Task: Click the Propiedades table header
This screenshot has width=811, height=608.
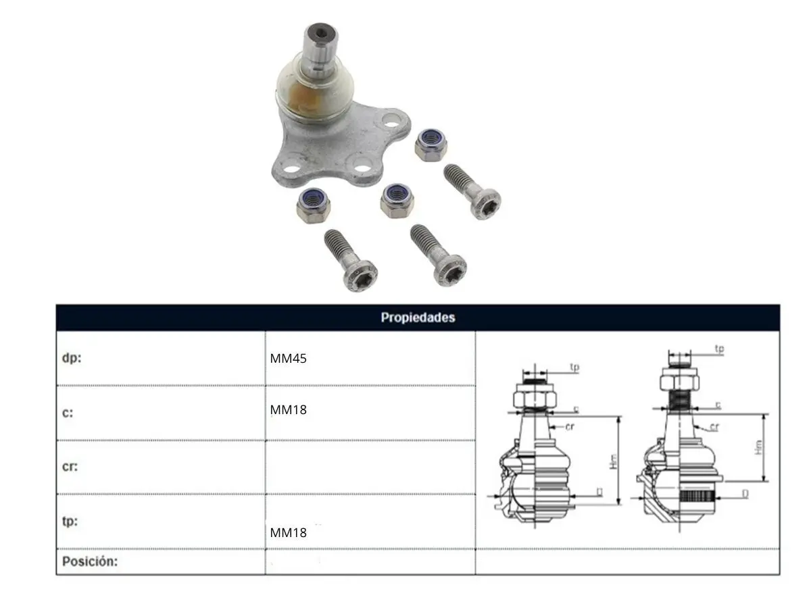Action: click(418, 318)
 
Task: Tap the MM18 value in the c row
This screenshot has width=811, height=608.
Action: click(288, 410)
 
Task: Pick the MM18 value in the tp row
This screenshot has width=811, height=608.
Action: click(288, 532)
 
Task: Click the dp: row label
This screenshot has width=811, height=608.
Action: click(72, 358)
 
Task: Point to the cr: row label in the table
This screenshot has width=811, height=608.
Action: click(70, 467)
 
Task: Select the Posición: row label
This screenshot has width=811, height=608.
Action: click(90, 561)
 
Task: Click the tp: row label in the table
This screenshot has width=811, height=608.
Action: click(70, 522)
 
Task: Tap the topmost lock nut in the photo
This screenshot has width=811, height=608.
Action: click(431, 145)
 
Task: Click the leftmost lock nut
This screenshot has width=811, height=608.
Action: click(314, 205)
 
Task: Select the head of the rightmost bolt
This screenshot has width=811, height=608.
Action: click(486, 204)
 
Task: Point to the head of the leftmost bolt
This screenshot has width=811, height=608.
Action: click(360, 276)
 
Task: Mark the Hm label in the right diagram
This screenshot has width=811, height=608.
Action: click(758, 447)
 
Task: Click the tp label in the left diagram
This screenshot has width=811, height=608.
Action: click(574, 368)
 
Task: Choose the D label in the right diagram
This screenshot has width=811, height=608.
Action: click(745, 494)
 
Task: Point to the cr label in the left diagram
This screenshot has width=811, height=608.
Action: click(570, 427)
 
